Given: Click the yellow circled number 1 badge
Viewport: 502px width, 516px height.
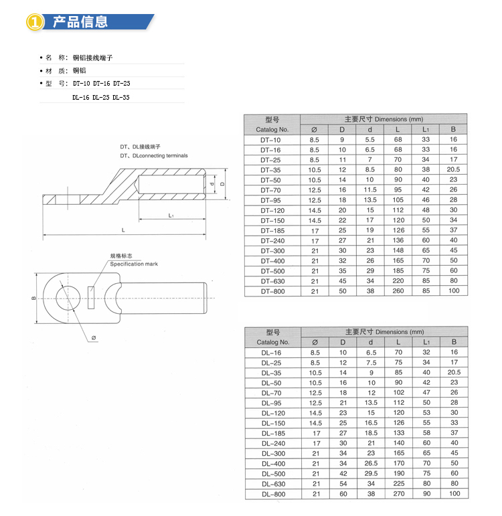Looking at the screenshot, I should [x=35, y=22].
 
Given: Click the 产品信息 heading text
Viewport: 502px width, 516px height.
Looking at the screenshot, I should [x=80, y=22].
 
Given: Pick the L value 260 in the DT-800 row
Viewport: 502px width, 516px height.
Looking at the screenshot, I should [x=398, y=291].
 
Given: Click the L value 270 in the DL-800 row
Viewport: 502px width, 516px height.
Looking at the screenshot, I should [x=398, y=494].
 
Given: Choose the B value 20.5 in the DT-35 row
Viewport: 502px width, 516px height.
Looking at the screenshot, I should [x=454, y=170].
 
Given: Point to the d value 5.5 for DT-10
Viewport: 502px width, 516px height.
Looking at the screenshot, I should [x=369, y=140].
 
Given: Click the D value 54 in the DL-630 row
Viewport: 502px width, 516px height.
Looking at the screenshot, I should [x=342, y=484].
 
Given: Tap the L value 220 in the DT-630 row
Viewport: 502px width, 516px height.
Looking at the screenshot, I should [x=398, y=281].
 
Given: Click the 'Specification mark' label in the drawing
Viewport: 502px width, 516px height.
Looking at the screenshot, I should [x=134, y=264].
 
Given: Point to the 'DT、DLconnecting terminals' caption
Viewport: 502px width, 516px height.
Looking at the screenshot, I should [x=154, y=156].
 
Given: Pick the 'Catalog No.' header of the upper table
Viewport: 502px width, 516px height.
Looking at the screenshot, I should [x=272, y=129].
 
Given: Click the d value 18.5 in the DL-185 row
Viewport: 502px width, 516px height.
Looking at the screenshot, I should [x=370, y=434].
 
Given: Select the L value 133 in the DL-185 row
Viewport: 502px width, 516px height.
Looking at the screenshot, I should [x=398, y=434].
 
